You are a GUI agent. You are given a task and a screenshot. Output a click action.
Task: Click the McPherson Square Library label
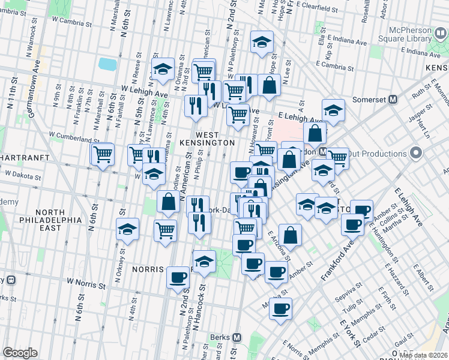400,37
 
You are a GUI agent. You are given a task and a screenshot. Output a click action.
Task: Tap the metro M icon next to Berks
237,337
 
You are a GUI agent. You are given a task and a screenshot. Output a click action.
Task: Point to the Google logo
20,353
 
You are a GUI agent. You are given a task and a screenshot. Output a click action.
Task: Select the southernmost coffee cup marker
280,308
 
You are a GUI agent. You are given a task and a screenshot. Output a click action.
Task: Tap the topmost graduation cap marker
261,41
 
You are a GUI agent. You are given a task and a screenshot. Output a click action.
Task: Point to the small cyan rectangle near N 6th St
106,63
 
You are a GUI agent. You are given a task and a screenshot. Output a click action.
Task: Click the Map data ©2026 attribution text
423,355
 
